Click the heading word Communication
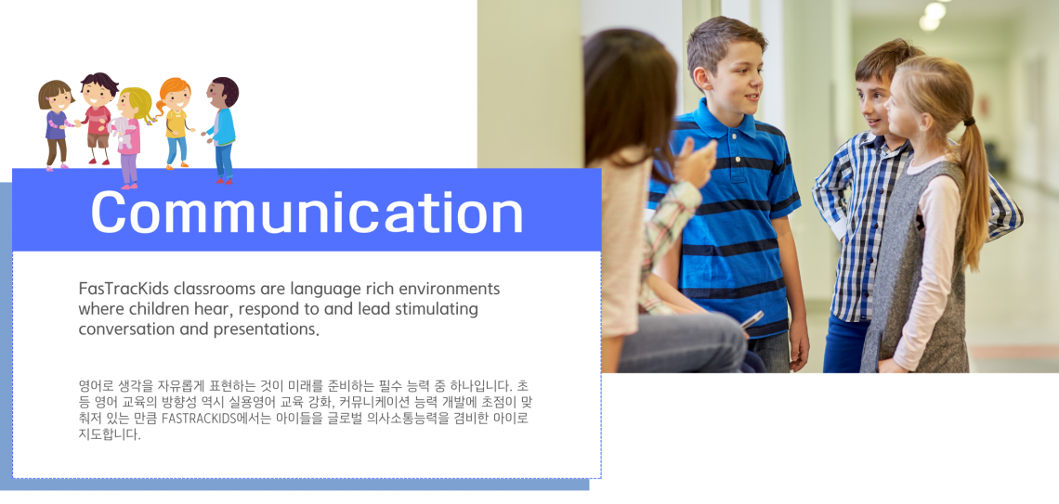pyautogui.click(x=307, y=212)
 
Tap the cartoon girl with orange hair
pyautogui.click(x=175, y=123)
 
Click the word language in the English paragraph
pyautogui.click(x=321, y=290)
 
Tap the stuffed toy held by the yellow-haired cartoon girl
pyautogui.click(x=121, y=132)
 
